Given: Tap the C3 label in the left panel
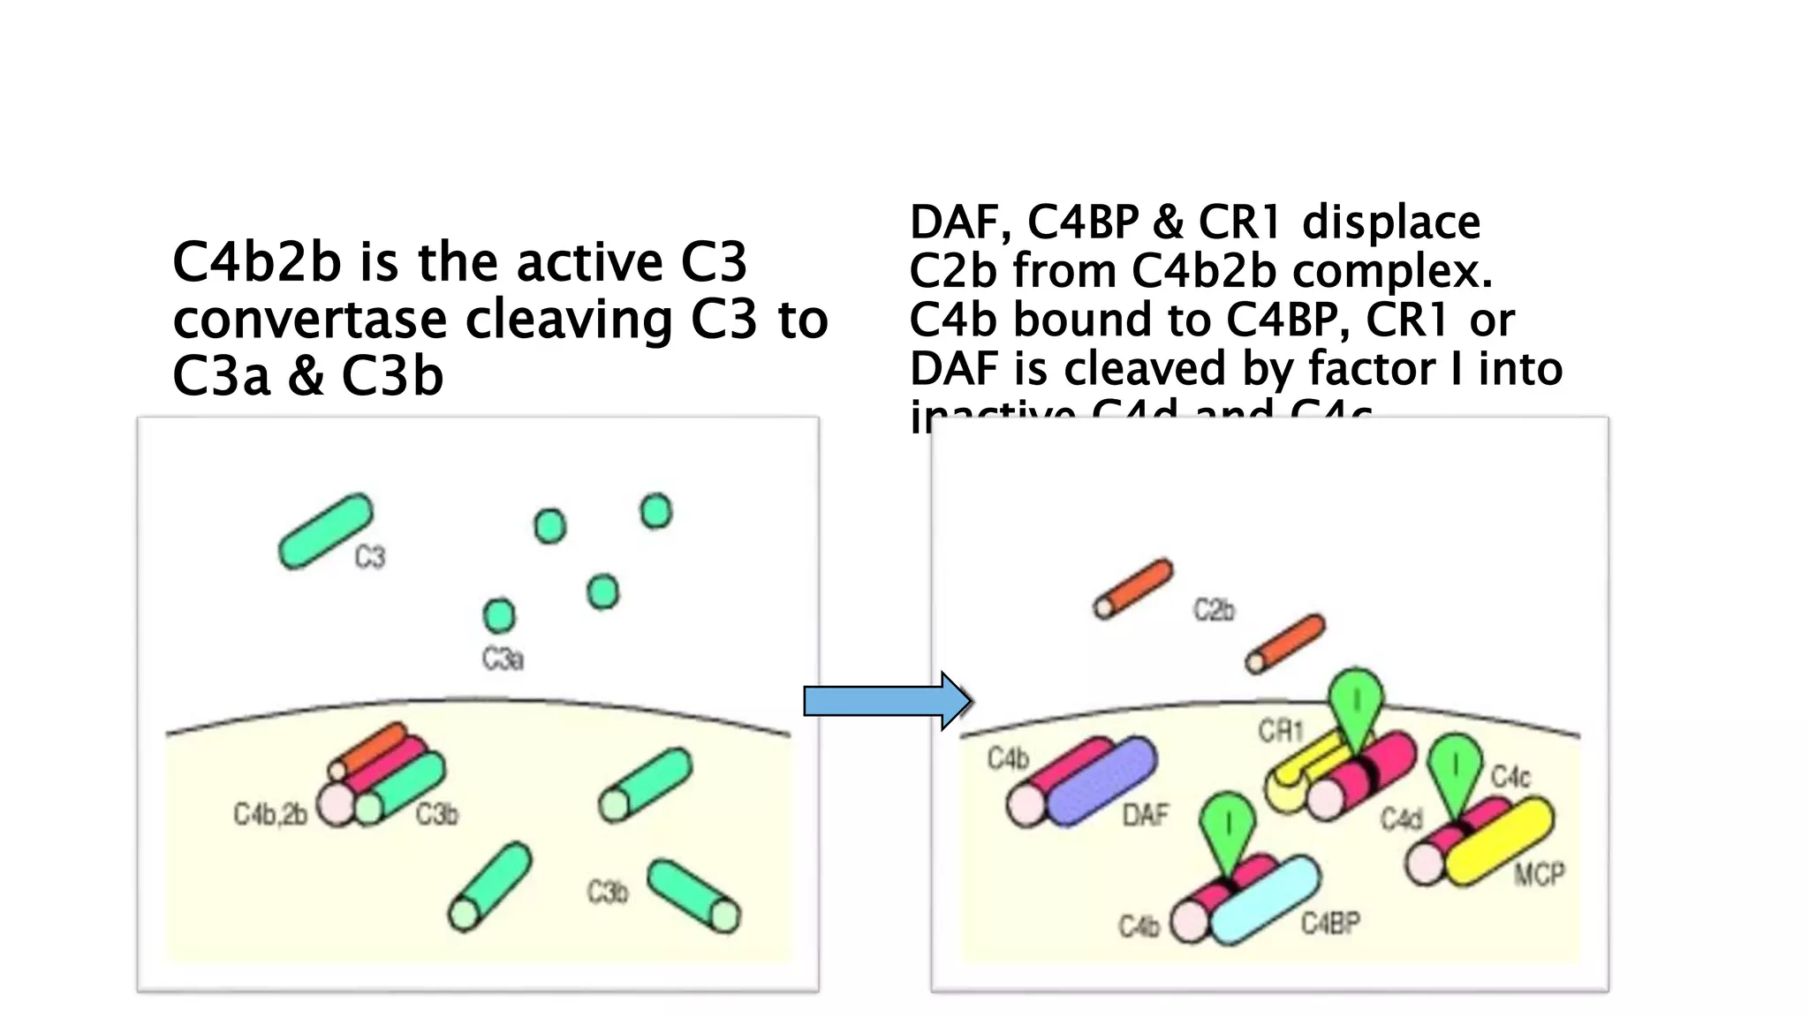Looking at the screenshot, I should tap(370, 557).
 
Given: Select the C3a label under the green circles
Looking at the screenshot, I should tap(503, 659).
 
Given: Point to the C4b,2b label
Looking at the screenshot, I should tap(270, 814).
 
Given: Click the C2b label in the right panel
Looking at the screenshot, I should tap(1214, 610).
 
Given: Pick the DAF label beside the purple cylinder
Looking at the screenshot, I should tap(1146, 815).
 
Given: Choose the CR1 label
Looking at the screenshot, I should tap(1281, 731).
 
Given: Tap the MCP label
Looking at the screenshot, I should tap(1540, 874).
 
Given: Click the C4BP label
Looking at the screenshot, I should tap(1330, 923).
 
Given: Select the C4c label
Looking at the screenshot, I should tap(1510, 777).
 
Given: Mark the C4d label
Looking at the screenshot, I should tap(1402, 820).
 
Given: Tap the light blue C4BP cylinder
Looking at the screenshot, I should tap(1265, 900).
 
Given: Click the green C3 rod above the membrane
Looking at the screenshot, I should tap(326, 531).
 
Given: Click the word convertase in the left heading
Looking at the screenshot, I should tap(309, 320).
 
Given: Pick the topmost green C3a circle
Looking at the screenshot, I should tap(655, 511).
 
